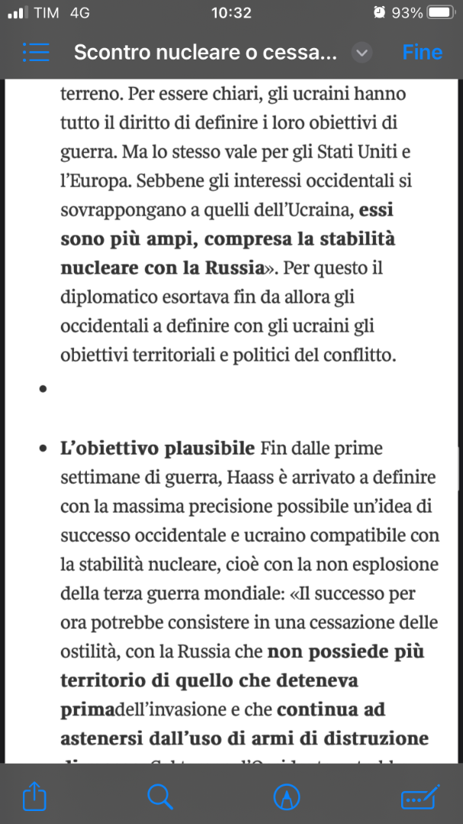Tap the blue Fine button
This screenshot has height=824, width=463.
click(422, 53)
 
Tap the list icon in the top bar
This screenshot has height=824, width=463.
click(36, 53)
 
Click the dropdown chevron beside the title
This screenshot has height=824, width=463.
click(362, 53)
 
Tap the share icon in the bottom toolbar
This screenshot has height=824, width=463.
click(34, 797)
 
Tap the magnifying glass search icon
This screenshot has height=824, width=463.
click(159, 797)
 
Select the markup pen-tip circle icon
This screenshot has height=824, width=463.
click(287, 797)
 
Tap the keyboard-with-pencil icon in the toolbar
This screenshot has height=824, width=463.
click(420, 797)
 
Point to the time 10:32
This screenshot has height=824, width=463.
click(231, 13)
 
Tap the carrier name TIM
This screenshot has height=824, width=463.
click(47, 13)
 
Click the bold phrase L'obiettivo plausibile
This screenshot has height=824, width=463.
click(157, 448)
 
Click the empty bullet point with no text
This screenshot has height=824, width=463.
click(43, 389)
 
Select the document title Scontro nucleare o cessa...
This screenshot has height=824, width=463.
click(204, 53)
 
